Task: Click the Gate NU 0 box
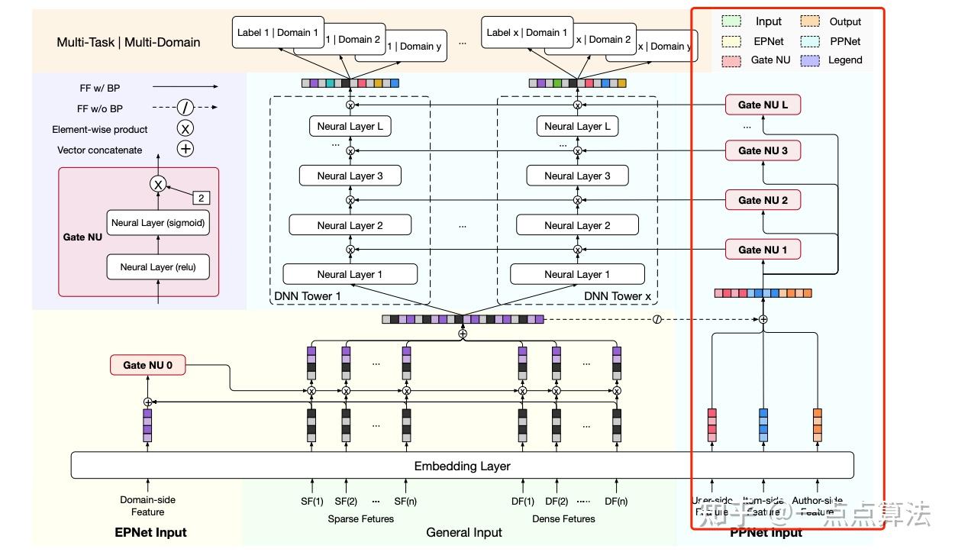click(148, 366)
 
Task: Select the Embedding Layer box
click(462, 466)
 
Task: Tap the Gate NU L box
click(763, 105)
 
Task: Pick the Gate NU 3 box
click(763, 150)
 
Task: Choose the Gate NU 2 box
click(763, 200)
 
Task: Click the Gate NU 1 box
click(763, 250)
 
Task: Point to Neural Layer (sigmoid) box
click(158, 223)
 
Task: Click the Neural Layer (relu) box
click(158, 267)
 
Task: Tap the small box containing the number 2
click(202, 198)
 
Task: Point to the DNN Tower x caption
click(618, 295)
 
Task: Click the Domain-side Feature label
click(147, 506)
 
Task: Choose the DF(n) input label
click(615, 502)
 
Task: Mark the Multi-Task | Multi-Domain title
click(128, 42)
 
